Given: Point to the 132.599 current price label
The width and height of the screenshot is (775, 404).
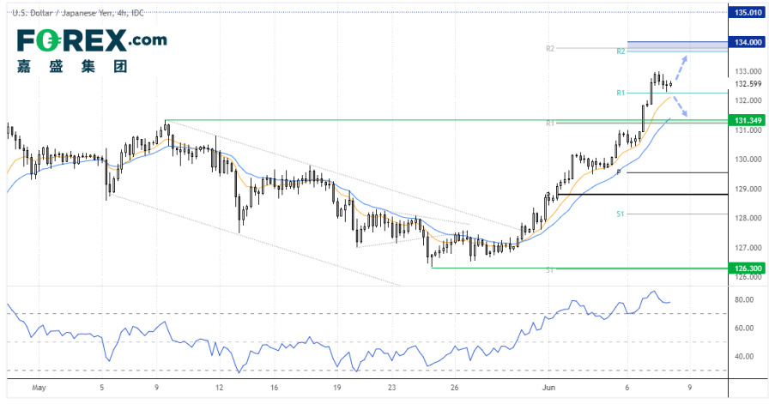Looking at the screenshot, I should [x=744, y=84].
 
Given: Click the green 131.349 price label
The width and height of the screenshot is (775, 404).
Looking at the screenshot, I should [x=744, y=120].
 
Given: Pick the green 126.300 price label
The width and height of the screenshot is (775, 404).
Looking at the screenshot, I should [x=744, y=268].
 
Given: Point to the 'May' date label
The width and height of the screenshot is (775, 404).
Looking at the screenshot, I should [x=38, y=387].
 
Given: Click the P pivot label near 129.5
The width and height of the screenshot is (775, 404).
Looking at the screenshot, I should [x=618, y=172].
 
